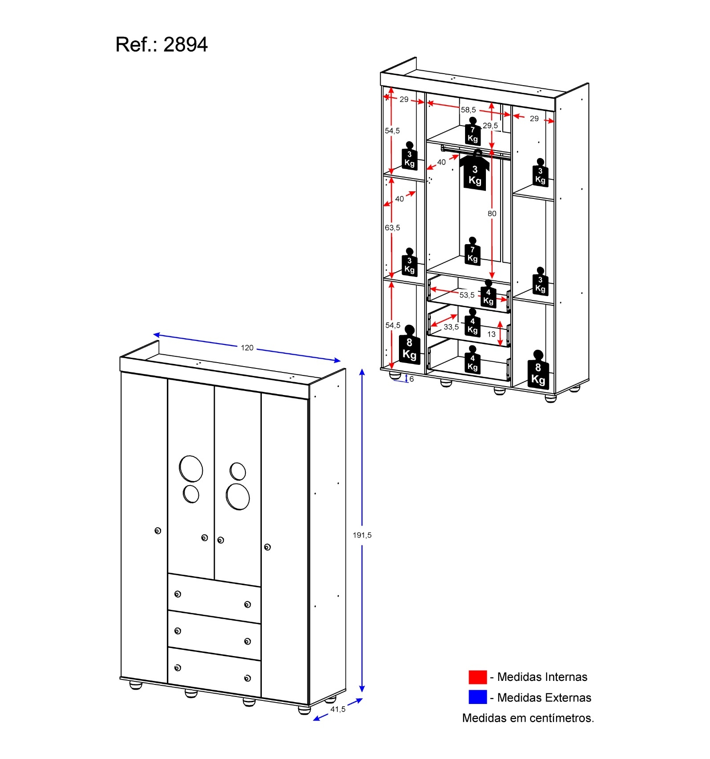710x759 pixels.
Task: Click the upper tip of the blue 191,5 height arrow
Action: [x=362, y=369]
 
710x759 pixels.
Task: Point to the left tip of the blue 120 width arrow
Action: [x=154, y=334]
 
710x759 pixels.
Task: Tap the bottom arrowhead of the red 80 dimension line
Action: [x=492, y=278]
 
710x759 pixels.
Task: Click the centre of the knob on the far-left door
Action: [x=158, y=531]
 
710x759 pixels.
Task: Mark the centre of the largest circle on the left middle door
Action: [x=191, y=469]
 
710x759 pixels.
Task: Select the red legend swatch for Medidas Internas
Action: [x=477, y=677]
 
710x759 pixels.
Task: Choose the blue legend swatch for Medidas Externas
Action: [x=477, y=697]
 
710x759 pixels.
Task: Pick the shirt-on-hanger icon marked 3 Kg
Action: [x=475, y=170]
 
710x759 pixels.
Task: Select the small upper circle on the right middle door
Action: [x=238, y=471]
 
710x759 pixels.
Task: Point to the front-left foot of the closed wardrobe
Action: [x=136, y=685]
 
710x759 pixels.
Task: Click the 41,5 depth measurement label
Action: [x=338, y=709]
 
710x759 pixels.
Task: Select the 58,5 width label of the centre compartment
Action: [x=468, y=110]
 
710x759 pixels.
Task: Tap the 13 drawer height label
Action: [x=491, y=334]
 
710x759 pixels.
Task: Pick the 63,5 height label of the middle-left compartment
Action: [x=392, y=228]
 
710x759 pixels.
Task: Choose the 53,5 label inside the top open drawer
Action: [x=467, y=295]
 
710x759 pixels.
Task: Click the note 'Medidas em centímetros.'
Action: [x=528, y=718]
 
